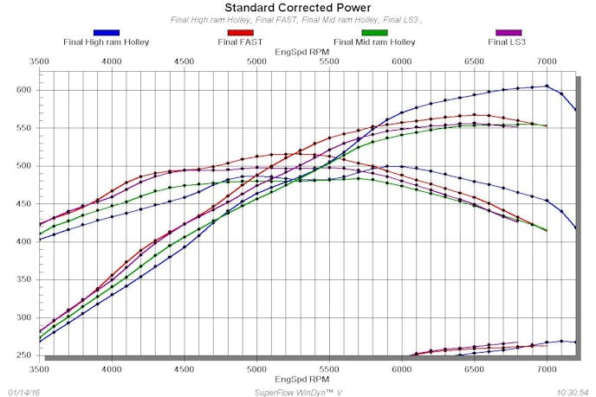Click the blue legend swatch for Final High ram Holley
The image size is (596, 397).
pos(106,33)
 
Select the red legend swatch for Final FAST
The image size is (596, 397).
pos(240,33)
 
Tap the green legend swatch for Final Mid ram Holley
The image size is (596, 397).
pos(374,33)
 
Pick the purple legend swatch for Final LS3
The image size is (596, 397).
pos(509,33)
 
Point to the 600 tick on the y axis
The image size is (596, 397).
pos(23,90)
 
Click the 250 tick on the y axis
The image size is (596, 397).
pos(23,355)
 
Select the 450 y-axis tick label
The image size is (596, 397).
pos(23,203)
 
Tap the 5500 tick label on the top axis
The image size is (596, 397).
pos(328,61)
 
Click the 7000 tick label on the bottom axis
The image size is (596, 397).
pos(546,368)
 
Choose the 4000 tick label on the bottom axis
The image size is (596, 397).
pos(112,368)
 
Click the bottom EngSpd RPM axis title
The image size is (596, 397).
pos(298,379)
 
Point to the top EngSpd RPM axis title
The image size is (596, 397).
pos(298,51)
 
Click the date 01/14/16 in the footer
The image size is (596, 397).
pos(23,391)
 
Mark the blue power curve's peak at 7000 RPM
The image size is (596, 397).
pos(547,86)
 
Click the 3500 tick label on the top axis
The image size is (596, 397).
pos(40,61)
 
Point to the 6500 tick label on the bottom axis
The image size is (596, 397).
pos(473,368)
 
